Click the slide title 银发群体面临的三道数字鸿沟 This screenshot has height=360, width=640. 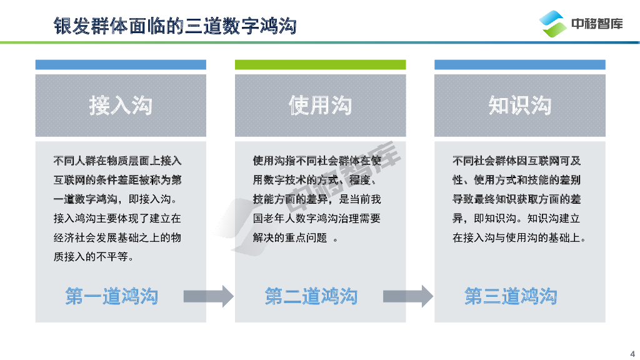pyautogui.click(x=175, y=26)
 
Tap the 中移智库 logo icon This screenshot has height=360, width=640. pyautogui.click(x=553, y=24)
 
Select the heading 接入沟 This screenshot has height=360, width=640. pyautogui.click(x=121, y=106)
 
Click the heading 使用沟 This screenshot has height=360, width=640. pyautogui.click(x=320, y=106)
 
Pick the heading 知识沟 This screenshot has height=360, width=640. pyautogui.click(x=519, y=106)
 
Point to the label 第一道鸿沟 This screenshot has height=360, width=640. pyautogui.click(x=112, y=296)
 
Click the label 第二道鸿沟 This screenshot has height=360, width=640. pyautogui.click(x=311, y=296)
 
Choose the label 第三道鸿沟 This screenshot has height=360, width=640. pyautogui.click(x=511, y=296)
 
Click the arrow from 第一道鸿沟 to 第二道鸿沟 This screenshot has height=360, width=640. pyautogui.click(x=208, y=296)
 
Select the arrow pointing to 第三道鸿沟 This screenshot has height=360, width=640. pyautogui.click(x=407, y=296)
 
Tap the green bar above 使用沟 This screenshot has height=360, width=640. pyautogui.click(x=320, y=64)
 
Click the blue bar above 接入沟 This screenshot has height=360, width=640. pyautogui.click(x=121, y=64)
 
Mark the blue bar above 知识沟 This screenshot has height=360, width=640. pyautogui.click(x=519, y=64)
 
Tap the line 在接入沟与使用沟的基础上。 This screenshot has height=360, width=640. pyautogui.click(x=519, y=238)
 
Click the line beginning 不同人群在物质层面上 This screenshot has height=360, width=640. pyautogui.click(x=117, y=161)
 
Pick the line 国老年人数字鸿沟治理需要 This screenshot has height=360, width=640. pyautogui.click(x=316, y=219)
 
